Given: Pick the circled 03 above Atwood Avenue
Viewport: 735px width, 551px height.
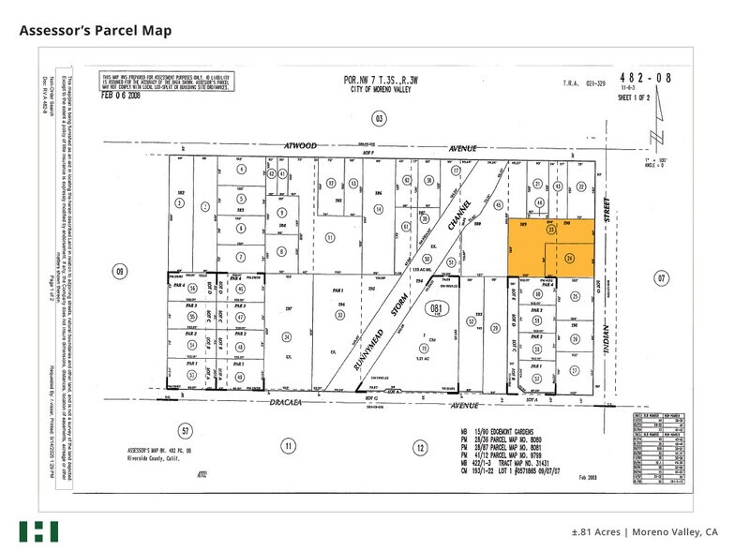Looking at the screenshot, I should point(379,119).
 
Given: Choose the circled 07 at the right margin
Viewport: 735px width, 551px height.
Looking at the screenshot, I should point(660,278).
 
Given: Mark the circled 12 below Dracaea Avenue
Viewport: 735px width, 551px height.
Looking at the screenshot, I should point(418,446).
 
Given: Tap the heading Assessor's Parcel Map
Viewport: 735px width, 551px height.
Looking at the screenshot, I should point(96,31).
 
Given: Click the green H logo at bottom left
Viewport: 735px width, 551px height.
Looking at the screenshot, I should point(38,530).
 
